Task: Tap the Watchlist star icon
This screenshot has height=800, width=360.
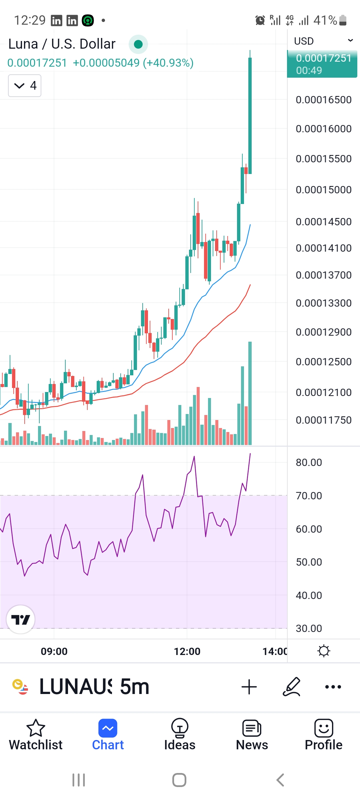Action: pyautogui.click(x=36, y=728)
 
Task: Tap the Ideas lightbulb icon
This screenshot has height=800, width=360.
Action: pyautogui.click(x=180, y=728)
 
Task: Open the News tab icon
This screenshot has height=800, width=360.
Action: pyautogui.click(x=252, y=728)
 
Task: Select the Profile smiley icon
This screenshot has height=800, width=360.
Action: pyautogui.click(x=324, y=728)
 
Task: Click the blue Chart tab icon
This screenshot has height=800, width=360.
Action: pyautogui.click(x=108, y=728)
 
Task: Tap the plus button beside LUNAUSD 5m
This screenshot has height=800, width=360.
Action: pyautogui.click(x=249, y=687)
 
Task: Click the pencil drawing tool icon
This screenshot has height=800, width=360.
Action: pyautogui.click(x=292, y=687)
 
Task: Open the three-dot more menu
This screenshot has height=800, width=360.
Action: pyautogui.click(x=333, y=687)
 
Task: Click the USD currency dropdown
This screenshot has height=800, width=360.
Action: pyautogui.click(x=323, y=41)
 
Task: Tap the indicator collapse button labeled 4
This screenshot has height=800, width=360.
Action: pyautogui.click(x=25, y=86)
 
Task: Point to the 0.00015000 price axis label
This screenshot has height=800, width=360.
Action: pyautogui.click(x=323, y=190)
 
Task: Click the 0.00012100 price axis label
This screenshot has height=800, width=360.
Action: pyautogui.click(x=323, y=392)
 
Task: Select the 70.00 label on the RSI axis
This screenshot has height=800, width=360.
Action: pyautogui.click(x=309, y=496)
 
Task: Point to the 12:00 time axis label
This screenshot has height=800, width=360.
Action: pyautogui.click(x=187, y=651)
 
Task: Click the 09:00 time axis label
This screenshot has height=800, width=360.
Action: pyautogui.click(x=54, y=651)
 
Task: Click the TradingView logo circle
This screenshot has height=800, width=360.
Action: pyautogui.click(x=21, y=619)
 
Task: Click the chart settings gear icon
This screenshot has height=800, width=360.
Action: pyautogui.click(x=324, y=651)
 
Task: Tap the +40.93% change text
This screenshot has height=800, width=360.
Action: pyautogui.click(x=168, y=63)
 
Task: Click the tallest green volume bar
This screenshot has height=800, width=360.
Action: pyautogui.click(x=250, y=393)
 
